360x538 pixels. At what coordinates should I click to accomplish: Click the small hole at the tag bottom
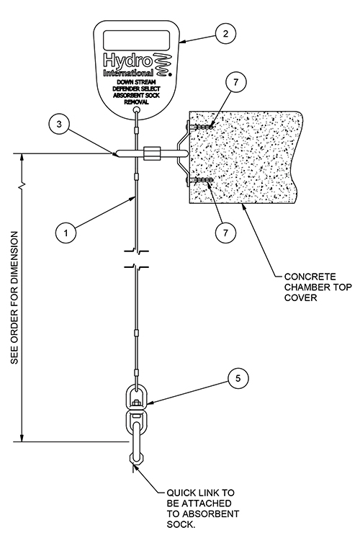[x=135, y=110]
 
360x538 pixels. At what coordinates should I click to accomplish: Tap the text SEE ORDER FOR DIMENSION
[x=15, y=296]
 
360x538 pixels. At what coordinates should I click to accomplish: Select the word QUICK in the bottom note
[x=180, y=493]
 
